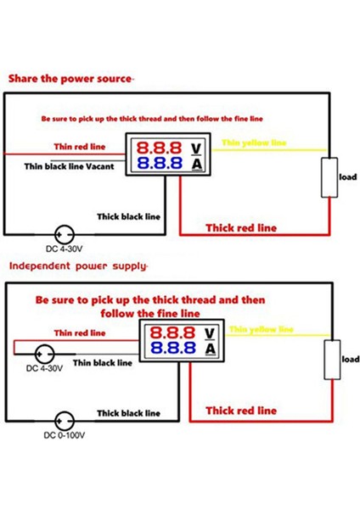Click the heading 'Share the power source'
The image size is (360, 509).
click(x=70, y=78)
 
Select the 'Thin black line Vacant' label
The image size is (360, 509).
click(x=77, y=166)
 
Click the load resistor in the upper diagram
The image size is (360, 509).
click(x=328, y=177)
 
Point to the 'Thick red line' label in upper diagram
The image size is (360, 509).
click(x=241, y=227)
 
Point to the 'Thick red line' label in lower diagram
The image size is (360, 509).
click(x=241, y=411)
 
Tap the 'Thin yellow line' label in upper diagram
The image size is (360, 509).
click(x=254, y=143)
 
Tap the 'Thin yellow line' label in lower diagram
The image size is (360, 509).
click(x=261, y=328)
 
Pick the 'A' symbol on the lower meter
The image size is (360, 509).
click(x=210, y=349)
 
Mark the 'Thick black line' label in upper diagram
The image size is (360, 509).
click(x=128, y=215)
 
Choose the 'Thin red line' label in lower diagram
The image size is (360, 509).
click(x=80, y=333)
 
